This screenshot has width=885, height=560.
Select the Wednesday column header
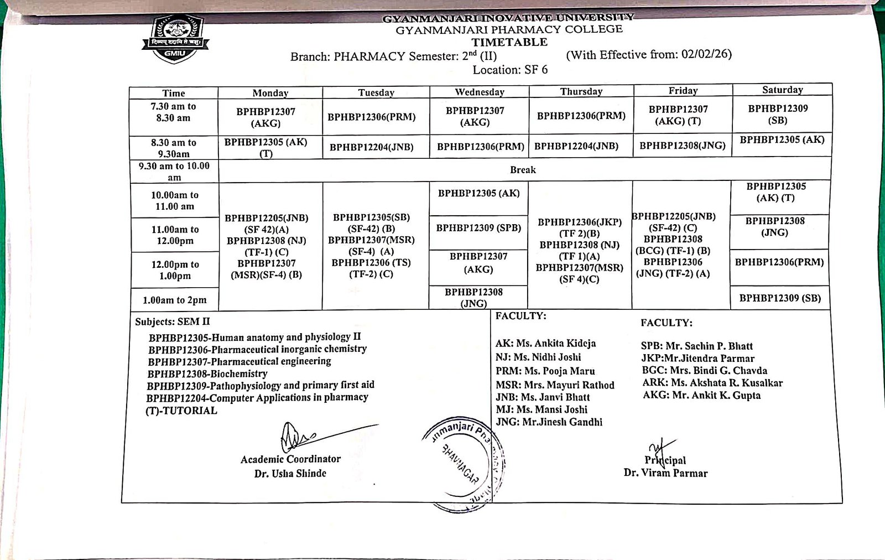pyautogui.click(x=480, y=92)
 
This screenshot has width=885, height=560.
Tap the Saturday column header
pyautogui.click(x=782, y=90)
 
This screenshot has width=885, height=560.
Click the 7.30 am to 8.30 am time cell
pyautogui.click(x=173, y=112)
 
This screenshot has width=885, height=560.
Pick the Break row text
pyautogui.click(x=523, y=170)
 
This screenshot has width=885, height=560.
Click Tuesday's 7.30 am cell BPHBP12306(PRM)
pyautogui.click(x=372, y=117)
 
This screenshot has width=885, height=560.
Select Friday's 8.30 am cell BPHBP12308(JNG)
pyautogui.click(x=683, y=146)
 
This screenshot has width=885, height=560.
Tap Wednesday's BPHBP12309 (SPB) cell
pyautogui.click(x=478, y=227)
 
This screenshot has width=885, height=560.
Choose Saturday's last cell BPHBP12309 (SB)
pyautogui.click(x=780, y=298)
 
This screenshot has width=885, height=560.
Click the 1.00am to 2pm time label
pyautogui.click(x=175, y=300)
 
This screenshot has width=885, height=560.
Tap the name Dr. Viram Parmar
pyautogui.click(x=665, y=473)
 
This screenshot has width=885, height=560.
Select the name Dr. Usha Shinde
pyautogui.click(x=290, y=474)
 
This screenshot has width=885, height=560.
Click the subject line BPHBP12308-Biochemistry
pyautogui.click(x=207, y=374)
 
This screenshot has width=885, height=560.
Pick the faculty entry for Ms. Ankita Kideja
pyautogui.click(x=545, y=344)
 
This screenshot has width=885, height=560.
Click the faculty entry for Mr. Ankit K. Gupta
pyautogui.click(x=701, y=395)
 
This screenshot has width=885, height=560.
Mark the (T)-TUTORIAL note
pyautogui.click(x=181, y=411)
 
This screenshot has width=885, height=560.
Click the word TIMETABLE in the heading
pyautogui.click(x=509, y=42)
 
